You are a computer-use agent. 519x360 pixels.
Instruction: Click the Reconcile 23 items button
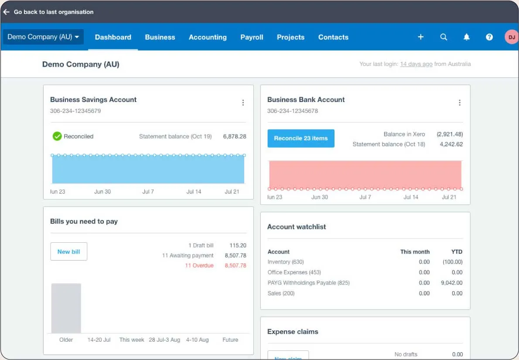click(x=300, y=138)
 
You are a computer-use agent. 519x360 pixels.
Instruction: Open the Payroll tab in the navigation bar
click(x=252, y=37)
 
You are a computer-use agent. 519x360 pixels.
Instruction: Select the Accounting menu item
click(x=208, y=37)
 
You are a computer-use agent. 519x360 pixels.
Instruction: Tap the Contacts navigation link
click(x=333, y=37)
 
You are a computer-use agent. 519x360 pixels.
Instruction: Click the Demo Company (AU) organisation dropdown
click(x=43, y=37)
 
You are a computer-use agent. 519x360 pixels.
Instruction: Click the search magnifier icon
click(x=444, y=37)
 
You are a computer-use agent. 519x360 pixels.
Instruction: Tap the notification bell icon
click(x=466, y=37)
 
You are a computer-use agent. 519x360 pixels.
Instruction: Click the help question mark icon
click(x=489, y=37)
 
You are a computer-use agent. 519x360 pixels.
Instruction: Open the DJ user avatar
click(x=511, y=37)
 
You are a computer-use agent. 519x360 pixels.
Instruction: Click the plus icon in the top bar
click(x=421, y=37)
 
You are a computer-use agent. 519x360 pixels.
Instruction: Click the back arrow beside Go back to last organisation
click(x=6, y=12)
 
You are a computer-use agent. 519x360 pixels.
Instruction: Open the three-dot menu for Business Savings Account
click(x=243, y=103)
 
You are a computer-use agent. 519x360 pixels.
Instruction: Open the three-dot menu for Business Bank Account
click(x=459, y=103)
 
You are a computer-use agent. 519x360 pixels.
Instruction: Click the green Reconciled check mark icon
click(x=57, y=136)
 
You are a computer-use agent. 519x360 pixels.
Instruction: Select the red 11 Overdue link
click(x=199, y=265)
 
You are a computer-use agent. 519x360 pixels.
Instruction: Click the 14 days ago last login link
click(x=416, y=64)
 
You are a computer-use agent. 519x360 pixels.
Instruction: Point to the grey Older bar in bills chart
click(x=66, y=308)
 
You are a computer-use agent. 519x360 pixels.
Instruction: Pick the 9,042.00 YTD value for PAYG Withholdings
click(x=452, y=283)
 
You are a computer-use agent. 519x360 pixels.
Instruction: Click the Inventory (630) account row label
click(x=286, y=262)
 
